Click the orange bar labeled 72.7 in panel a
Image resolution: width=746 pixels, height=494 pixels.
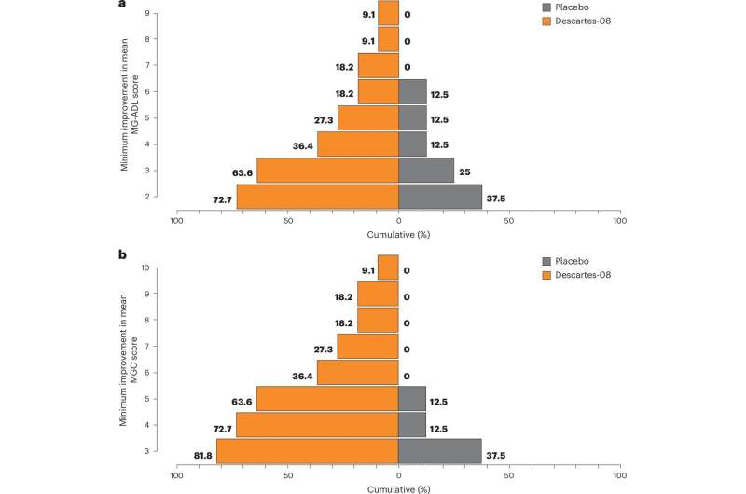click(317, 197)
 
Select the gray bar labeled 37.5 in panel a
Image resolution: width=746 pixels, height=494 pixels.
click(440, 197)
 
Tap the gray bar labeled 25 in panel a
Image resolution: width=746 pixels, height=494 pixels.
click(426, 171)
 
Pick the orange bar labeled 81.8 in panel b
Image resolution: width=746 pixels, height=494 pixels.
click(307, 451)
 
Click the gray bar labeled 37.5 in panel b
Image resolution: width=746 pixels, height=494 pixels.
click(440, 451)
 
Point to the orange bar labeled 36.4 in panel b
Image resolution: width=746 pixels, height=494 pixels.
click(357, 373)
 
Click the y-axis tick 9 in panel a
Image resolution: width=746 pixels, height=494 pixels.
click(146, 13)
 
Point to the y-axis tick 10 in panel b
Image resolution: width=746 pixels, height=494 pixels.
click(145, 268)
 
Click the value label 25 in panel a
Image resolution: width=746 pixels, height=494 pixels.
click(463, 171)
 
